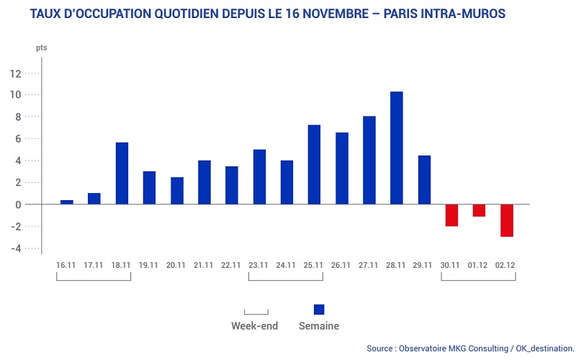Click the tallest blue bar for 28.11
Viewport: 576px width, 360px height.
point(397,148)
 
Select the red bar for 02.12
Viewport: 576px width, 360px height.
point(507,220)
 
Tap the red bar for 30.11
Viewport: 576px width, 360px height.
point(451,215)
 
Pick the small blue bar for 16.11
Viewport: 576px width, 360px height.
point(67,202)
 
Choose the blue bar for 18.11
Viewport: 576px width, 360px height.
point(122,174)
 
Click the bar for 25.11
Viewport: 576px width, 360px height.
point(314,165)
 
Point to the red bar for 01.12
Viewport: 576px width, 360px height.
point(480,210)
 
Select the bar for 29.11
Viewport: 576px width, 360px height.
point(424,180)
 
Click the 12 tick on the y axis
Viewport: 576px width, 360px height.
point(15,73)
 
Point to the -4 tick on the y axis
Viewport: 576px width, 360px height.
point(15,248)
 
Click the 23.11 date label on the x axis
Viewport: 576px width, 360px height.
point(259,266)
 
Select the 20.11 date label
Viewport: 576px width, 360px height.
point(176,266)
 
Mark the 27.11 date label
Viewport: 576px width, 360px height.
point(369,266)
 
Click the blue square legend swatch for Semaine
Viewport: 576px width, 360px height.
point(319,310)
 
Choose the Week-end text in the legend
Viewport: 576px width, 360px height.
point(254,325)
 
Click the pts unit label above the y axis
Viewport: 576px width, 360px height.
point(41,48)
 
